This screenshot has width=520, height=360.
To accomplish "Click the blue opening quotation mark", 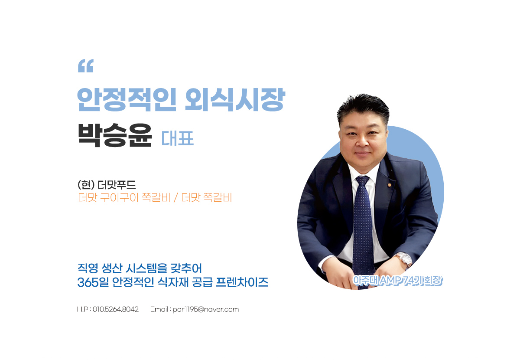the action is pyautogui.click(x=86, y=66).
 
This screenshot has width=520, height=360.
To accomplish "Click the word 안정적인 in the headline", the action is pyautogui.click(x=127, y=99).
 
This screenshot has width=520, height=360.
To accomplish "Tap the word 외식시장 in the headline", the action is pyautogui.click(x=235, y=99).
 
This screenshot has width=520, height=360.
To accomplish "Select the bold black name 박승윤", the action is pyautogui.click(x=115, y=135).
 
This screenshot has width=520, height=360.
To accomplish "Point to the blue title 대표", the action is pyautogui.click(x=177, y=138).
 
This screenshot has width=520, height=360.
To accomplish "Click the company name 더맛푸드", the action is pyautogui.click(x=117, y=185).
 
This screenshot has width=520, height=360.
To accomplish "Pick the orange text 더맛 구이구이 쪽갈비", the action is pyautogui.click(x=124, y=197).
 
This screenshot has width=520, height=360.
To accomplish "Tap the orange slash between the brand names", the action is pyautogui.click(x=176, y=197).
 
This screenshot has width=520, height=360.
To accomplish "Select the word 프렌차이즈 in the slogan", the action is pyautogui.click(x=242, y=282).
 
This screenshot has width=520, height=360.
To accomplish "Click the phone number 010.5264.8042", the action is pyautogui.click(x=116, y=309).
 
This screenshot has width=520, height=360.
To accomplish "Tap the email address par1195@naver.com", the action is pyautogui.click(x=206, y=310).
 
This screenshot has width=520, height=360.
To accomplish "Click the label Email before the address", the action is pyautogui.click(x=159, y=309).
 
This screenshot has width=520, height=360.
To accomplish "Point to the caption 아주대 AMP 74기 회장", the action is pyautogui.click(x=397, y=281).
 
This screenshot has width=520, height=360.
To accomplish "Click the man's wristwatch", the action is pyautogui.click(x=404, y=260).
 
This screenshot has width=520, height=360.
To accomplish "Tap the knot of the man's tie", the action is pyautogui.click(x=362, y=181).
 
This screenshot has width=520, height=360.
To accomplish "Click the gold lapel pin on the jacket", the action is pyautogui.click(x=389, y=185).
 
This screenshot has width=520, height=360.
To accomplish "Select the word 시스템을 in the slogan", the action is pyautogui.click(x=146, y=268).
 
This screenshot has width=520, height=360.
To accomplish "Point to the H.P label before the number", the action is pyautogui.click(x=83, y=309).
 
